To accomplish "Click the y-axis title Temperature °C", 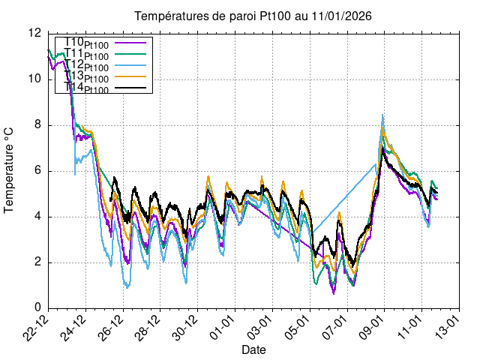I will (10, 170).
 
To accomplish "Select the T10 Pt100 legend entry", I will (86, 43).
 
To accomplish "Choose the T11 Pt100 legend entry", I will (86, 55).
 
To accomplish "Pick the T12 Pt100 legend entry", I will (86, 66).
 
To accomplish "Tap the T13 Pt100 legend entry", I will (86, 77).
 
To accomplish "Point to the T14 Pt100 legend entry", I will (86, 88).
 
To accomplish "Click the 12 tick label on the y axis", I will (34, 33).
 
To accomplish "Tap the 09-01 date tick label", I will (373, 325).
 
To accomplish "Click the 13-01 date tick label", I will (446, 325).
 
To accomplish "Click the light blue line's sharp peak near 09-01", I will (382, 115).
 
